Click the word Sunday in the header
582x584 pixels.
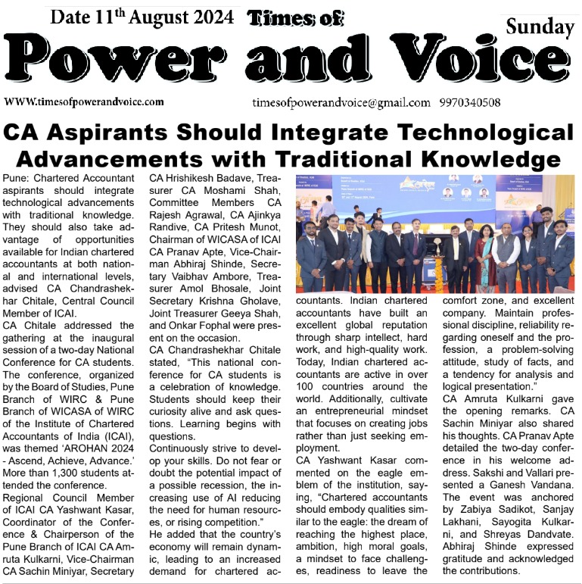click(540, 27)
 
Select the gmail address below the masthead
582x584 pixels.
click(341, 102)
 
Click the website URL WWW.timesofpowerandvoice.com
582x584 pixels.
click(84, 101)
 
